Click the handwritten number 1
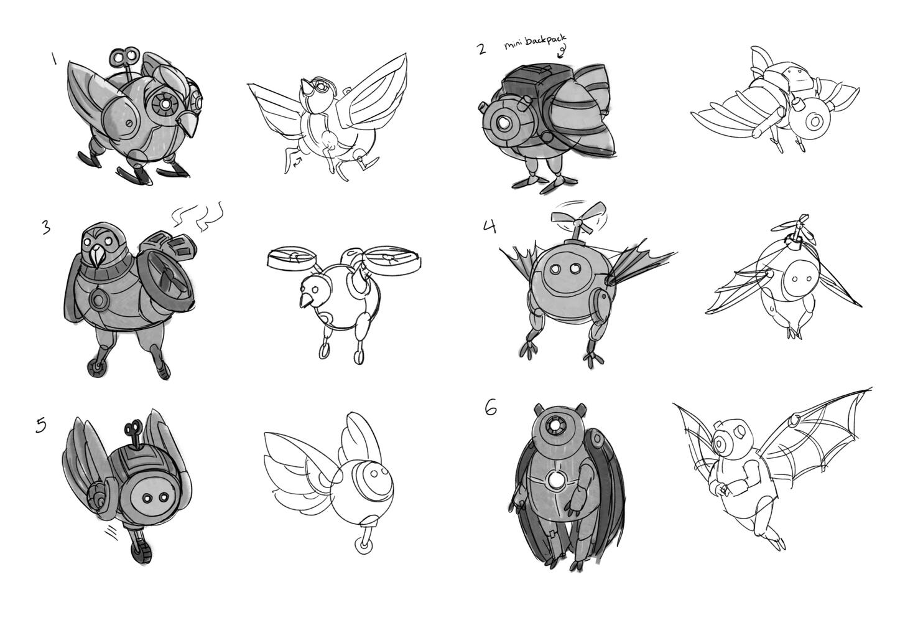pyautogui.click(x=53, y=59)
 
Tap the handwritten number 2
pyautogui.click(x=481, y=49)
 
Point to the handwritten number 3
pyautogui.click(x=47, y=227)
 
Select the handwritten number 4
pyautogui.click(x=489, y=227)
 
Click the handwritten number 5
pyautogui.click(x=41, y=425)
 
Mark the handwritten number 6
pyautogui.click(x=491, y=408)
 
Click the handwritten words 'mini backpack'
pyautogui.click(x=536, y=43)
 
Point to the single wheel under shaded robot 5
pyautogui.click(x=142, y=552)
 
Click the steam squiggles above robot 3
pyautogui.click(x=197, y=215)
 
